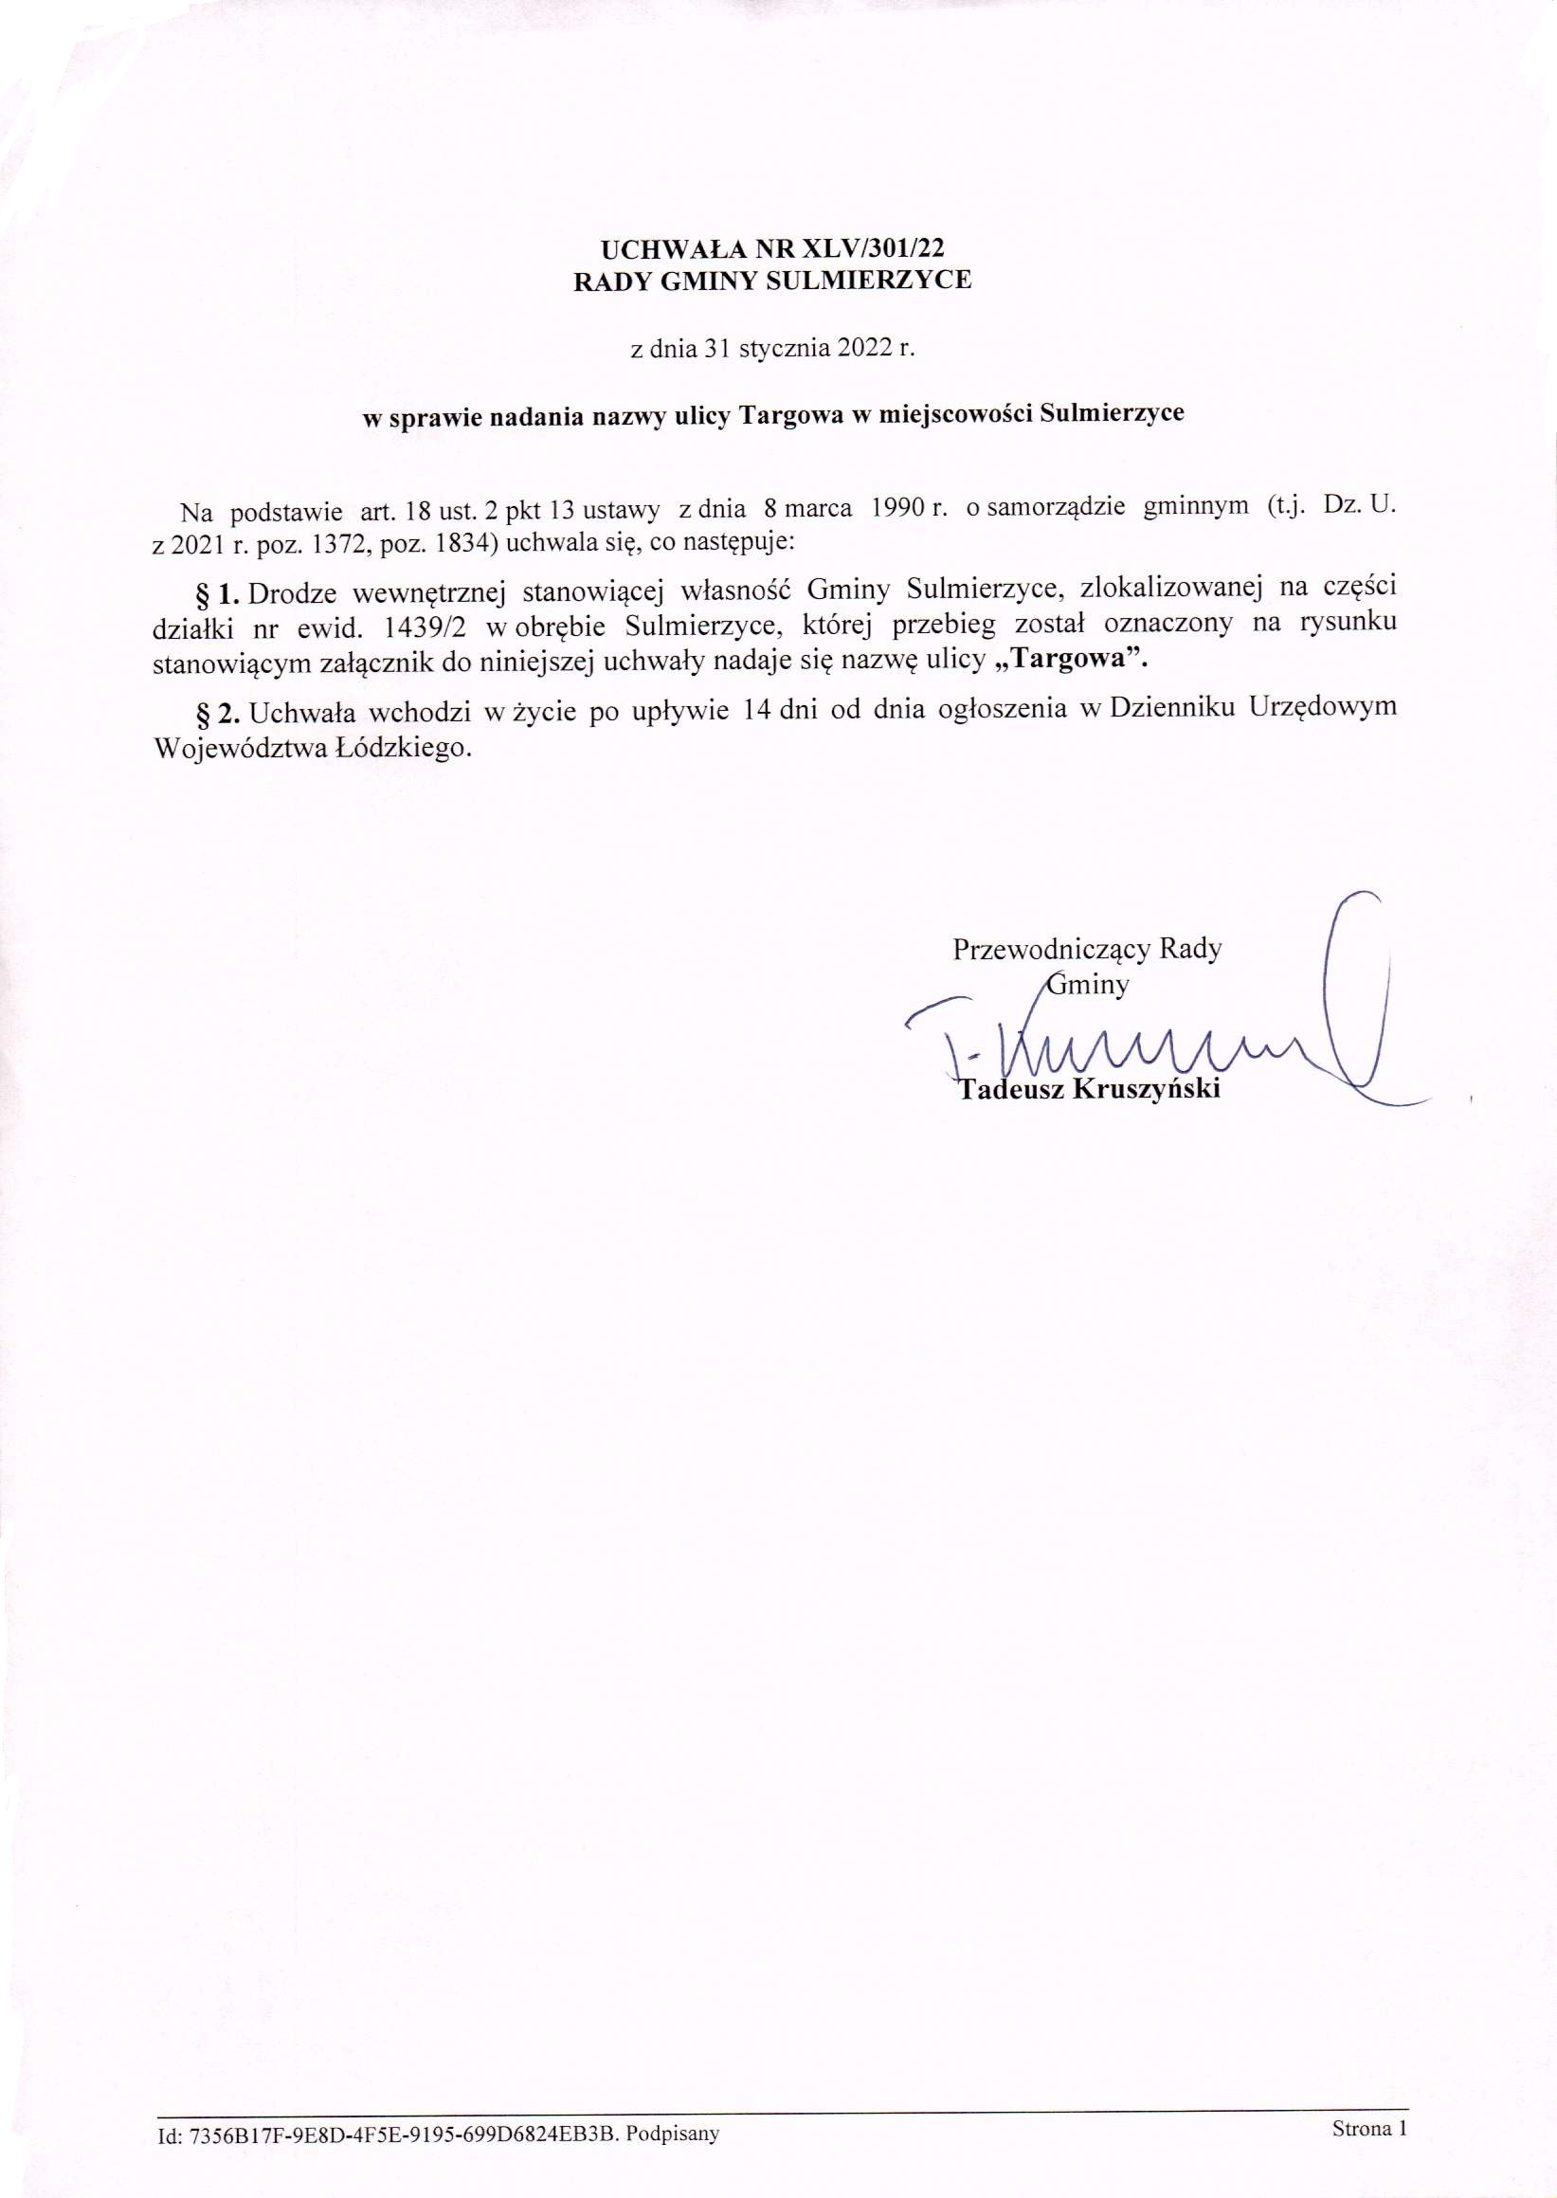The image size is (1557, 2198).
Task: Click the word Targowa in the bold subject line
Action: (x=781, y=414)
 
